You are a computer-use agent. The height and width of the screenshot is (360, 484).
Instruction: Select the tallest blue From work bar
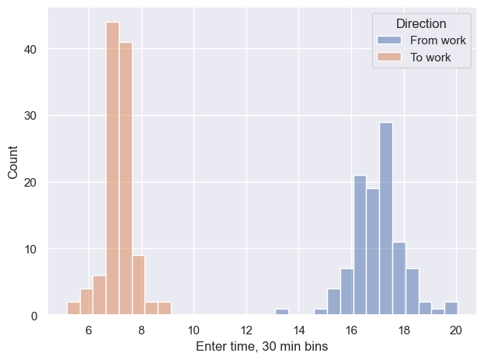coord(386,218)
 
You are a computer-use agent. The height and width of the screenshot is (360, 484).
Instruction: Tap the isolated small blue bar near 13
coord(281,313)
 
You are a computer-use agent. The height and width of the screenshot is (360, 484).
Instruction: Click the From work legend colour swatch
coord(386,40)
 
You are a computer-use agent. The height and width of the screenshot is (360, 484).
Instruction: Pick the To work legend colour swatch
coord(386,57)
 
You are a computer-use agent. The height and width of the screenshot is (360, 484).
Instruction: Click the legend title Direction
coord(420,24)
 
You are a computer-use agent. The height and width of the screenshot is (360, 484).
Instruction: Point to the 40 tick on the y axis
coord(30,49)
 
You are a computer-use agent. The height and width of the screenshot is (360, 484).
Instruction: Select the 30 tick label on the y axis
coord(30,116)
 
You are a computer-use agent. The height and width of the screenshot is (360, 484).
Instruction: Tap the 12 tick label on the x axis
coord(246,330)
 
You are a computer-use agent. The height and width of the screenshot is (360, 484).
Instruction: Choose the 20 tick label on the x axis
coord(456,330)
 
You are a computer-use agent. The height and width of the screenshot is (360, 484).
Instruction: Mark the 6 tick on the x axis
coord(88,330)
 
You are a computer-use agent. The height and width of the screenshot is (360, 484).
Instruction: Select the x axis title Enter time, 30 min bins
coord(262,347)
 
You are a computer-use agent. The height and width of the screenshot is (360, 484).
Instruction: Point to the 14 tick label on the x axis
coord(299,330)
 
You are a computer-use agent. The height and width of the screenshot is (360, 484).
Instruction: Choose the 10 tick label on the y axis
coord(30,250)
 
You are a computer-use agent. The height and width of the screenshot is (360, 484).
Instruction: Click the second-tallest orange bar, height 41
coord(126,179)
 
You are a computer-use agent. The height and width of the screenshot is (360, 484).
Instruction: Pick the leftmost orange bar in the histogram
coord(73,309)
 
